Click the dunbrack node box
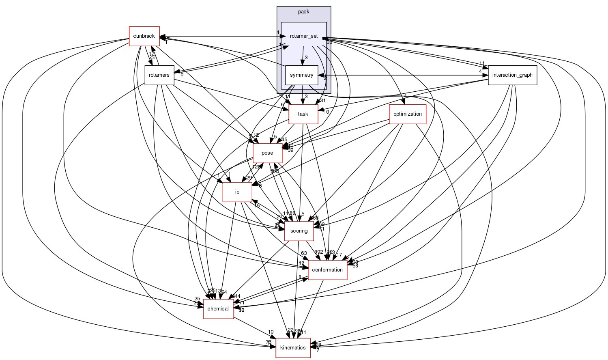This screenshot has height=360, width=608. point(144,36)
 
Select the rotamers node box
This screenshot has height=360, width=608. point(159,75)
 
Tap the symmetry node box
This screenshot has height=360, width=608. point(301,75)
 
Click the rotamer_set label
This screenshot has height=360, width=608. point(304,36)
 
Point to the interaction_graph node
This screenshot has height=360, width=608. point(512,75)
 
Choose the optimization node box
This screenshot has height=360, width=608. point(407,114)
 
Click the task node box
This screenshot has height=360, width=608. point(303,114)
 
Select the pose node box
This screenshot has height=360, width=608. point(267,153)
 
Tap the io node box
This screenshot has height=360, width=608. point(237,192)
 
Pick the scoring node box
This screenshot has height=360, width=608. point(299,231)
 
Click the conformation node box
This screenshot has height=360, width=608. point(327,270)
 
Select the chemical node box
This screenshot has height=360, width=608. point(218,309)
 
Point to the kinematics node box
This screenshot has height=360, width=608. point(293,348)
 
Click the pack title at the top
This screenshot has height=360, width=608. point(304,12)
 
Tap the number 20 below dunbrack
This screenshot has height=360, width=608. point(153,57)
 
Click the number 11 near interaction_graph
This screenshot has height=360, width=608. point(482,63)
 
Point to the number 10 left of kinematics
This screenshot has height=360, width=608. point(271,332)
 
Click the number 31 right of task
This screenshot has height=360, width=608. point(323,101)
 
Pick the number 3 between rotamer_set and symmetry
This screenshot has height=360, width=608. point(306,58)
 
